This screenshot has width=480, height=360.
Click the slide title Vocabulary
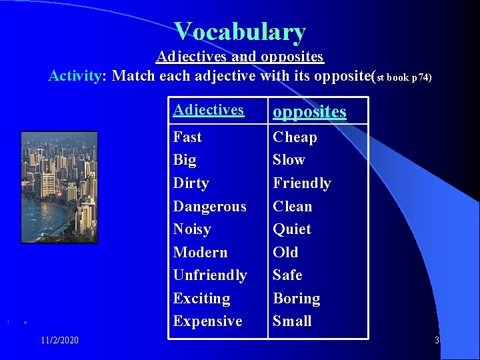240,31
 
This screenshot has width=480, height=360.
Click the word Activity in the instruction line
74,76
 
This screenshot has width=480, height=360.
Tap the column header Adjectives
208,110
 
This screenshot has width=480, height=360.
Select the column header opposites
309,111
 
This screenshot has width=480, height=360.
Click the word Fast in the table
187,137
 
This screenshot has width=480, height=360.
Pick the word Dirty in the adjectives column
191,183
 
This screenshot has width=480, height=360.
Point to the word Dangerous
209,207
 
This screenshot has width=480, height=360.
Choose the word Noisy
192,229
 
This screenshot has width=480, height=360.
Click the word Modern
200,253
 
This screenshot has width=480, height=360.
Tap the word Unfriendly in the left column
209,275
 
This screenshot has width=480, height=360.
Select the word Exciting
201,299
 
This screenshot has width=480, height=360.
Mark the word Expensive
207,321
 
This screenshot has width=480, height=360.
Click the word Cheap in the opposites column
295,137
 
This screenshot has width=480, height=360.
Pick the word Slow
289,160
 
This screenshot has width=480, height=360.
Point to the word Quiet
292,229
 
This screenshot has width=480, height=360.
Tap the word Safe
287,275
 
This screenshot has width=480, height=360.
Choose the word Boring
296,299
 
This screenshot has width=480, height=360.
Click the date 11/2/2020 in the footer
59,341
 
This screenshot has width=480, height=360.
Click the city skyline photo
59,187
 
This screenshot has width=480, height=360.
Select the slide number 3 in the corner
437,341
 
